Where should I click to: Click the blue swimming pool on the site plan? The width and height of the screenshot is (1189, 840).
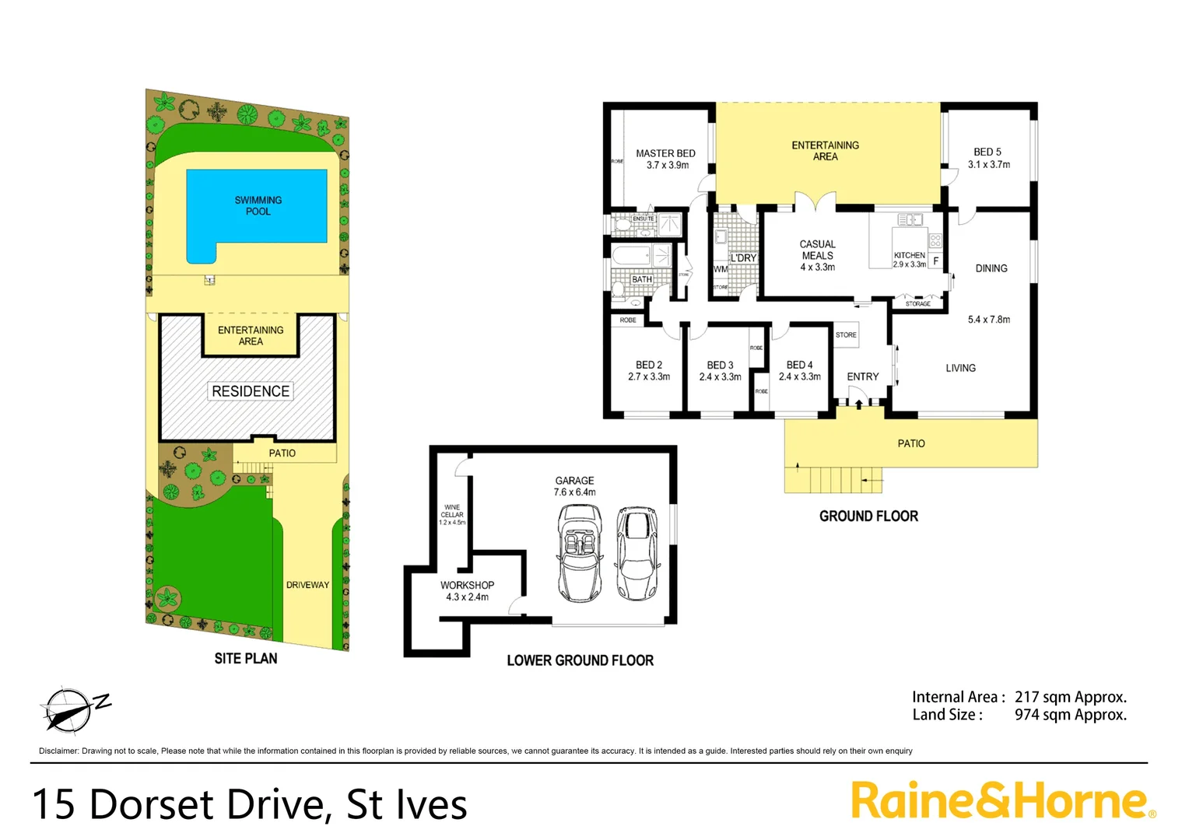[257, 206]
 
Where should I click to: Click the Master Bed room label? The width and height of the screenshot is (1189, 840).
[665, 154]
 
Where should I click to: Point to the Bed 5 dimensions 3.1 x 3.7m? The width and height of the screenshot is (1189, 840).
[989, 165]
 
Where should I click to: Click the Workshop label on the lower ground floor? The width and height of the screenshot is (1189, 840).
[467, 585]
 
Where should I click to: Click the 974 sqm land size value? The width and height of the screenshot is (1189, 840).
[1070, 715]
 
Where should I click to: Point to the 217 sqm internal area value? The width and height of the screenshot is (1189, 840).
[1070, 697]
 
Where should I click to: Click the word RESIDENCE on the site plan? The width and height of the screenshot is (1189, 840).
[251, 391]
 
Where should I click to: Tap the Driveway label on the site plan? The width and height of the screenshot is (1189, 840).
[307, 585]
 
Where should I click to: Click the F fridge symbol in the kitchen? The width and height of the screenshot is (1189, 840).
[935, 261]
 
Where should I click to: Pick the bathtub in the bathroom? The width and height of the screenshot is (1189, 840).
[632, 255]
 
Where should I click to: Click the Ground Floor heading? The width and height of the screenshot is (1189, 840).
[868, 516]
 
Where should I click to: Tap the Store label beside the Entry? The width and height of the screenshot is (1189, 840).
[846, 335]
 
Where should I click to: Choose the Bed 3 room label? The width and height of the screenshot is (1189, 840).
[720, 365]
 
